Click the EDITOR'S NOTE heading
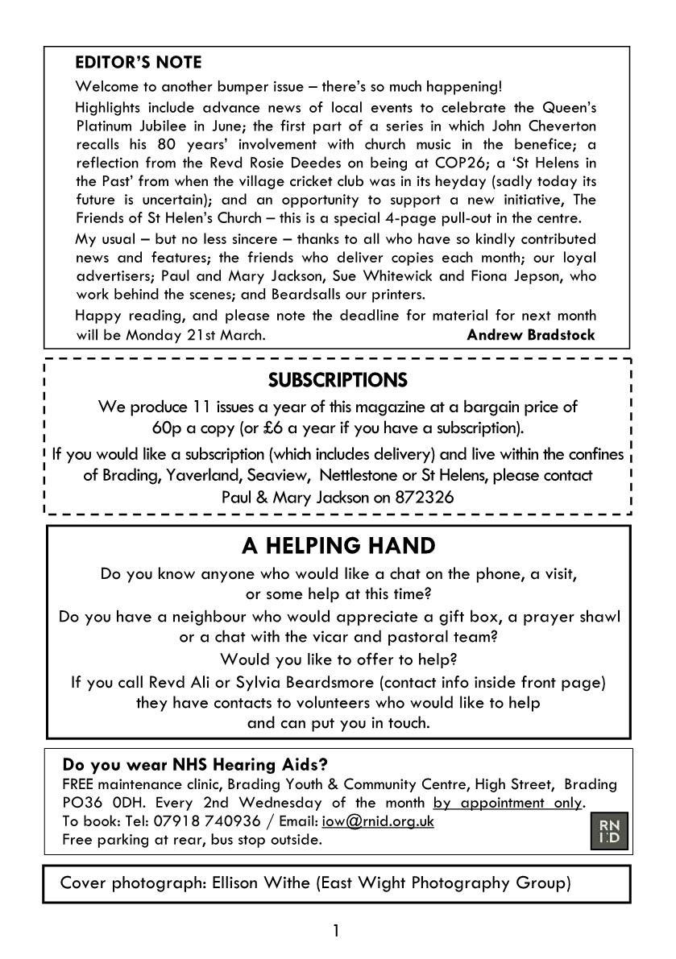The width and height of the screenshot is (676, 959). (138, 63)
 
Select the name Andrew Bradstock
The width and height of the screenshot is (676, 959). (531, 335)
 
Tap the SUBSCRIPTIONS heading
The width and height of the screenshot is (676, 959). (338, 379)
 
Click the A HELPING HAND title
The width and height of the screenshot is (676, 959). (338, 546)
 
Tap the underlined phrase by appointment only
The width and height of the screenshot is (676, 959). (507, 803)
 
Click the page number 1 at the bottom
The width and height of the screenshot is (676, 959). (336, 932)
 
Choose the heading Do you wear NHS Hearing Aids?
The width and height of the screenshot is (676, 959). (195, 764)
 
